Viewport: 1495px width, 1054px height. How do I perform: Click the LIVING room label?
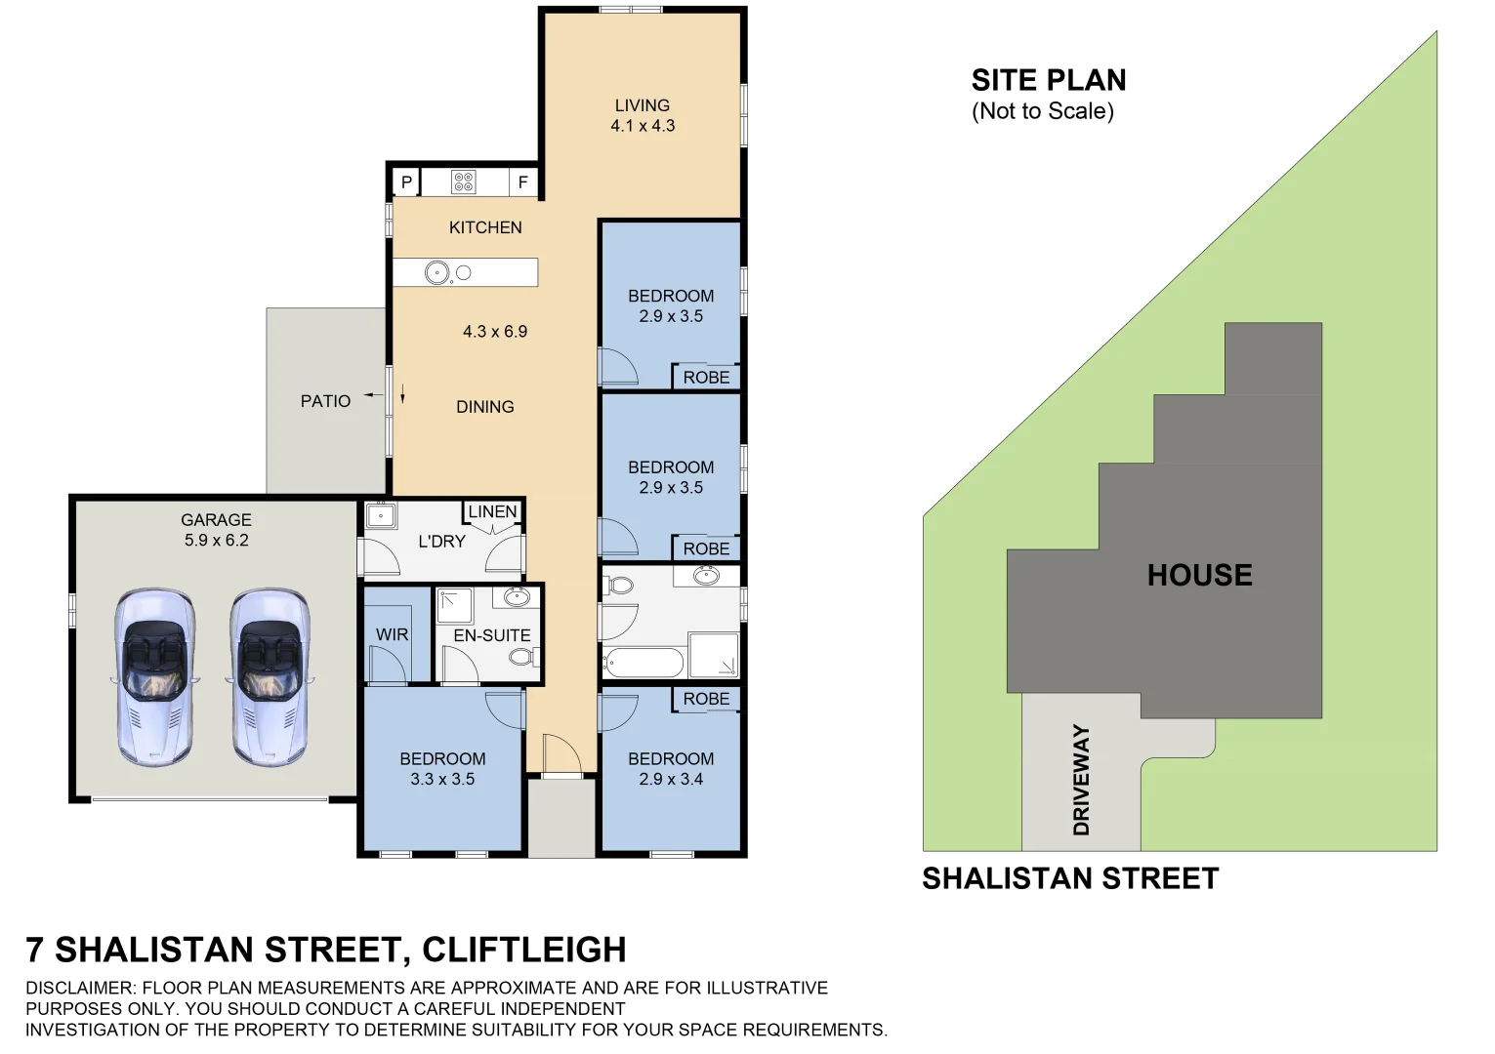[x=642, y=105]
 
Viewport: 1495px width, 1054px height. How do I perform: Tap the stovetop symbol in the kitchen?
[x=464, y=182]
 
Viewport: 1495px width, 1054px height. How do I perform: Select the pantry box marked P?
[x=406, y=182]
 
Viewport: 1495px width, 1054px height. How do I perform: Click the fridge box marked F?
[x=522, y=182]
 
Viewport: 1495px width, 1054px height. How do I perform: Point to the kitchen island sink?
[x=437, y=273]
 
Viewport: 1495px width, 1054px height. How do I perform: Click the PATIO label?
[x=325, y=401]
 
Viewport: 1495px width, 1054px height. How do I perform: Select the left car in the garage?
[x=154, y=675]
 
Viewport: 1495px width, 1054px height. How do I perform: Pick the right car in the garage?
[x=270, y=675]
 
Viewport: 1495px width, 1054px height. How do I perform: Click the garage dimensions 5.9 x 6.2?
[x=216, y=541]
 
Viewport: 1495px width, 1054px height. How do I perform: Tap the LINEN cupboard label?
[x=492, y=511]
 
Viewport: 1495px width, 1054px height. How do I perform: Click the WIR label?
[x=392, y=634]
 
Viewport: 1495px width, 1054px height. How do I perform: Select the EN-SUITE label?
[x=492, y=635]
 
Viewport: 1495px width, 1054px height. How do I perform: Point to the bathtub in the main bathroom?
[x=643, y=664]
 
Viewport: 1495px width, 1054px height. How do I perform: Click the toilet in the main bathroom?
[x=619, y=586]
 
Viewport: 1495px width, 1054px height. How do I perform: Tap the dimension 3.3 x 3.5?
[x=442, y=780]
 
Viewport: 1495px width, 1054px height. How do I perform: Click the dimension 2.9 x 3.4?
[x=671, y=780]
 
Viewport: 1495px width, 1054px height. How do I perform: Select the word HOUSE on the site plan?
[x=1199, y=575]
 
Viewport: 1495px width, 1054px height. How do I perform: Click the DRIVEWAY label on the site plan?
[x=1081, y=780]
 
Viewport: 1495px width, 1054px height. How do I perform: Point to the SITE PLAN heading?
[x=1049, y=80]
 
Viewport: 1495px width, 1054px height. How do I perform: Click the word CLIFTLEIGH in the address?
[x=524, y=950]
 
